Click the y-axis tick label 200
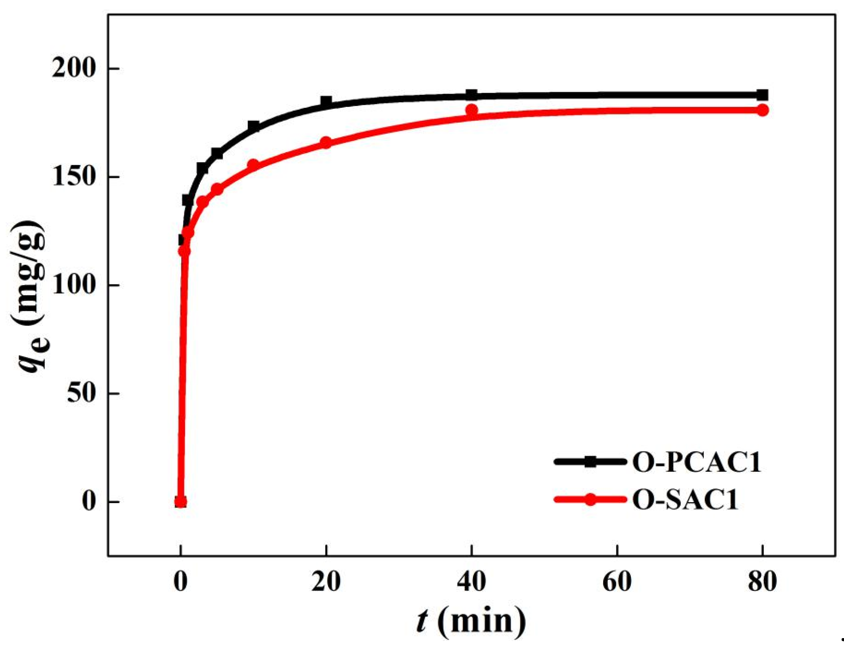(73, 69)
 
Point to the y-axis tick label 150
(73, 177)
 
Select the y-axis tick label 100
(73, 285)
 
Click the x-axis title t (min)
(471, 621)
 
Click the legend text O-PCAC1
(697, 462)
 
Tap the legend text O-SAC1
(685, 500)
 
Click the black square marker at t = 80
(762, 95)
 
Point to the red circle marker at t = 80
(762, 110)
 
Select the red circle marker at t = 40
(472, 110)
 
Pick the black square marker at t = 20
(326, 102)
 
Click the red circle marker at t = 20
(326, 143)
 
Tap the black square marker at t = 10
(253, 126)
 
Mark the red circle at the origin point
(180, 502)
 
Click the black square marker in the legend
(590, 462)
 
